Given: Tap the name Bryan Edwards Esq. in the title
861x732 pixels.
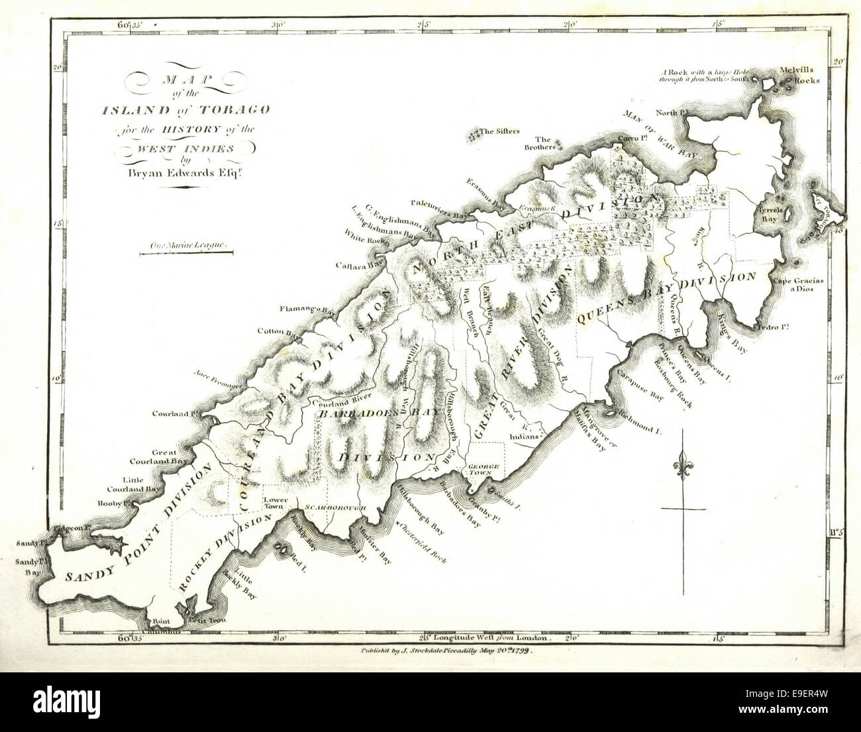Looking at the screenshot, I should pyautogui.click(x=178, y=175).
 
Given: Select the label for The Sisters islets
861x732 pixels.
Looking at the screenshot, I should pyautogui.click(x=499, y=132).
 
